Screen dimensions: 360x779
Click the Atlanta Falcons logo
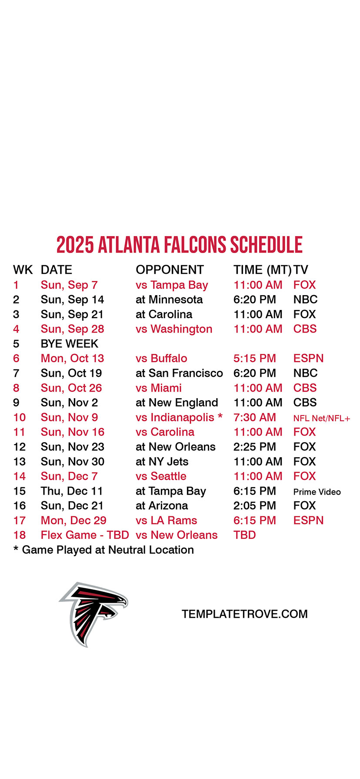[x=93, y=614]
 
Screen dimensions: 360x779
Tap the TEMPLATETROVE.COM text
[x=245, y=614]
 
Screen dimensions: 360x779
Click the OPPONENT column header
[x=170, y=270]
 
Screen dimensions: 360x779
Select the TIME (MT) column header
[x=262, y=270]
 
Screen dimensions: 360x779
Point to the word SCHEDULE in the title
[x=266, y=245]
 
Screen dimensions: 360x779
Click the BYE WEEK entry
[x=70, y=344]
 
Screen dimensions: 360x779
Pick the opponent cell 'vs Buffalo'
[x=161, y=359]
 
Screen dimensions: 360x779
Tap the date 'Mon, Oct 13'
[x=73, y=359]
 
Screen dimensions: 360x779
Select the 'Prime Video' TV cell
[x=317, y=492]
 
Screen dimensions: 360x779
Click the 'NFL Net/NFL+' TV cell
[x=322, y=419]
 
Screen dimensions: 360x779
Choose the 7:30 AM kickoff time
[x=255, y=417]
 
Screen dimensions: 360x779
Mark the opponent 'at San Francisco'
[x=179, y=373]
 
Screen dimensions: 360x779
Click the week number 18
[x=20, y=535]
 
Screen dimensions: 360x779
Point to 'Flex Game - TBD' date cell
[x=85, y=535]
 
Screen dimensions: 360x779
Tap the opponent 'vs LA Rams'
[x=166, y=520]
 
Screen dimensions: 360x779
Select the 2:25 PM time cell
[x=255, y=447]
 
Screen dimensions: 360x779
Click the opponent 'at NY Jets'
[x=162, y=462]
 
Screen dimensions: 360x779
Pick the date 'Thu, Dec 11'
[x=72, y=491]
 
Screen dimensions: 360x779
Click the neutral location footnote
[x=103, y=550]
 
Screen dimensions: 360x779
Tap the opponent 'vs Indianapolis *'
[x=179, y=417]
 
